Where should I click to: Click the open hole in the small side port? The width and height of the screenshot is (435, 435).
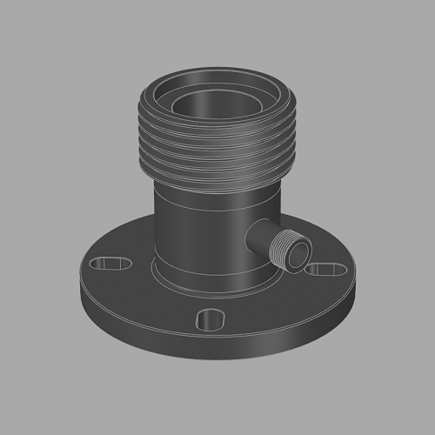coord(297,255)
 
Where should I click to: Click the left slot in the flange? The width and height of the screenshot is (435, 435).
coord(110,262)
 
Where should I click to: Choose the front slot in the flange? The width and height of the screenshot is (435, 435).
coord(211,319)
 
